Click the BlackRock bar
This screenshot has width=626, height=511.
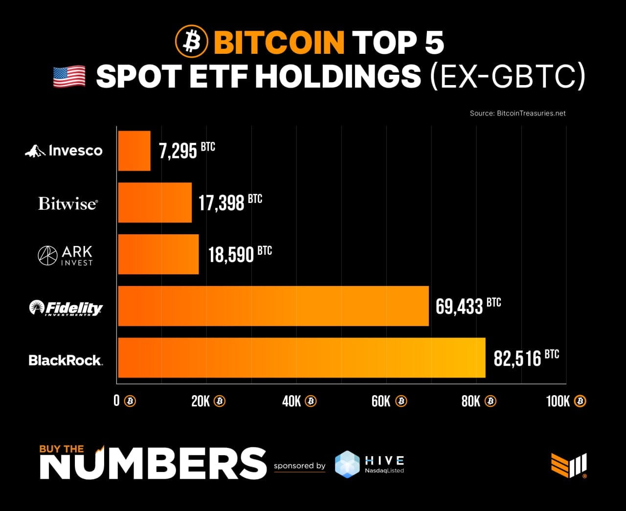(x=301, y=357)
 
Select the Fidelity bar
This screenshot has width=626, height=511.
(x=273, y=306)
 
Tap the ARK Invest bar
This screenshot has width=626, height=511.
(x=158, y=254)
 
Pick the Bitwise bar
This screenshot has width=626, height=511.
(x=155, y=202)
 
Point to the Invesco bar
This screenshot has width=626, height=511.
(x=134, y=151)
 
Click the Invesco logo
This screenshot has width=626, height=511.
(x=64, y=151)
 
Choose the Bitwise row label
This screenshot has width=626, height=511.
(x=67, y=203)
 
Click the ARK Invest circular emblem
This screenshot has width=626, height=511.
(x=47, y=255)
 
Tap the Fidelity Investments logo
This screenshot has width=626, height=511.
(x=66, y=308)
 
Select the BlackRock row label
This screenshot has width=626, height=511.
(x=66, y=360)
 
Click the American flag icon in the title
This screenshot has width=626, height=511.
(x=69, y=77)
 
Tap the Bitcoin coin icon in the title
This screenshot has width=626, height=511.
(x=191, y=42)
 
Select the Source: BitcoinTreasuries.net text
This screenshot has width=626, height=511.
(x=517, y=113)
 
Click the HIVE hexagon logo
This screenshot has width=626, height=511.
(x=347, y=464)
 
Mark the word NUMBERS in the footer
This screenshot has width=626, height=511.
(x=153, y=464)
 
